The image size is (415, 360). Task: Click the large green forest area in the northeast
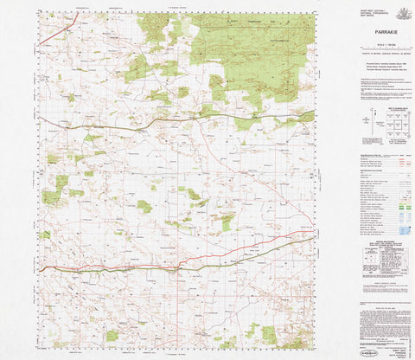251,48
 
